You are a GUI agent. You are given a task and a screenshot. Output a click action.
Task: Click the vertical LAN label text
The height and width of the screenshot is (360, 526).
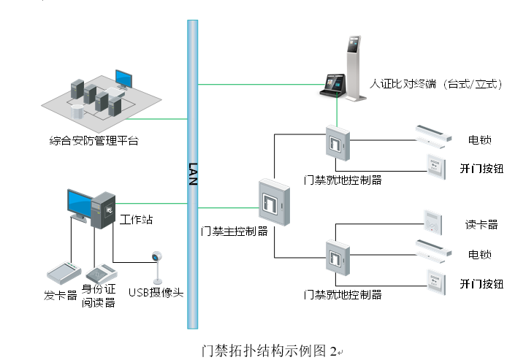point(193,175)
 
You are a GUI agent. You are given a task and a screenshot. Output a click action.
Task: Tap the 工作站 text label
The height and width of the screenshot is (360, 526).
point(136,219)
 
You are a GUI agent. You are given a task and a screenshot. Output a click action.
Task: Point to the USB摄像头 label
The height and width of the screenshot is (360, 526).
point(156,292)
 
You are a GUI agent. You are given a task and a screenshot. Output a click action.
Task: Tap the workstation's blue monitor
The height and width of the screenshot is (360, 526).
point(79,204)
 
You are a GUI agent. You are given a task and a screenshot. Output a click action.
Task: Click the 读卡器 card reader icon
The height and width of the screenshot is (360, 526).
point(432,222)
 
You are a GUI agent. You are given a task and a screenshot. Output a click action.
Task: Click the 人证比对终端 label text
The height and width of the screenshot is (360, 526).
point(436,84)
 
